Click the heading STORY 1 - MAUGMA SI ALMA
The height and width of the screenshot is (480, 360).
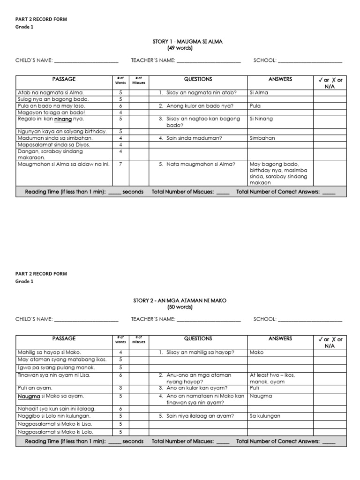187,42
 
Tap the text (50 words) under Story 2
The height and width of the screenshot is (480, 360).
180,307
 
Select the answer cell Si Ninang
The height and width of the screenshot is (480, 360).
261,119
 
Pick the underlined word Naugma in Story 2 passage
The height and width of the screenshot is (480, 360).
29,396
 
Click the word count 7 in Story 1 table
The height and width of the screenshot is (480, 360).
120,165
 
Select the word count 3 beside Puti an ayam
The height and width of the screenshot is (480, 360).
120,388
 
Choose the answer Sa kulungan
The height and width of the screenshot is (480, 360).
265,416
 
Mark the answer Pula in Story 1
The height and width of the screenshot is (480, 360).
255,106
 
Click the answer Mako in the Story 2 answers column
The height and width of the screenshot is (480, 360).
257,352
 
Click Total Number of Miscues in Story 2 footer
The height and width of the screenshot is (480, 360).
183,442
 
